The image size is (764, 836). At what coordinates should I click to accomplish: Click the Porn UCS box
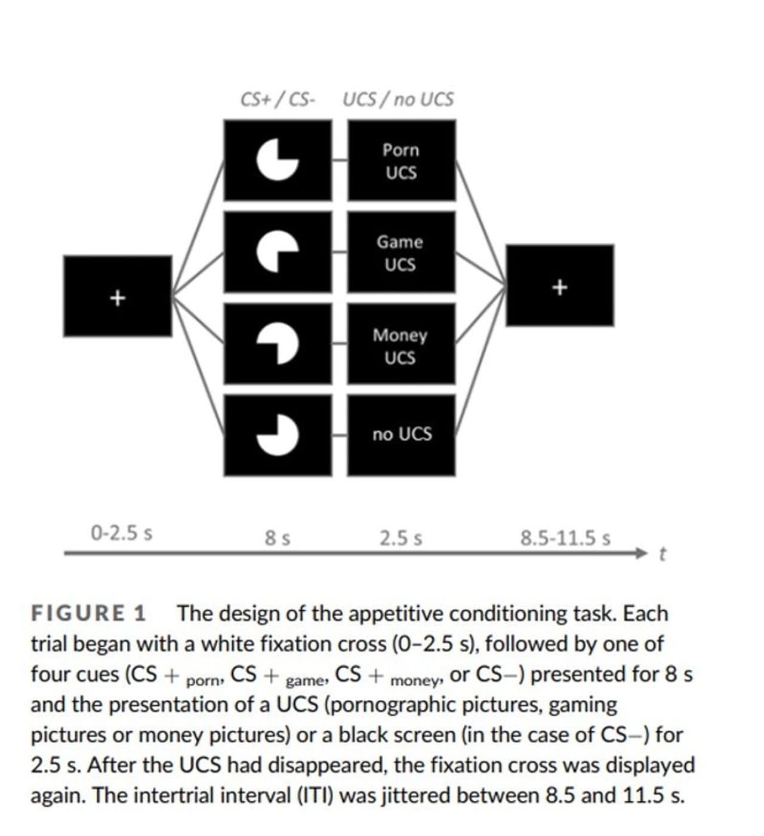[401, 160]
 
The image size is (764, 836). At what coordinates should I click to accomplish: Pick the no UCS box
[401, 435]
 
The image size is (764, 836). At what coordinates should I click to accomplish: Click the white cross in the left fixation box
[118, 297]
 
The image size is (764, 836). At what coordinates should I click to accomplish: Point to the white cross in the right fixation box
[559, 287]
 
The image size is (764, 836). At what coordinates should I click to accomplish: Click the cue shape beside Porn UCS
[278, 159]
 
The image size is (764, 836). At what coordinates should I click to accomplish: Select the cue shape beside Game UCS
[278, 251]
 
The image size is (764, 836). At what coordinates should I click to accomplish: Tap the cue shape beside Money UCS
[278, 344]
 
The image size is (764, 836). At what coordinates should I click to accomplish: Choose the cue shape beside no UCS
[278, 434]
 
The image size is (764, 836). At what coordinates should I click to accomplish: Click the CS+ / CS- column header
[278, 99]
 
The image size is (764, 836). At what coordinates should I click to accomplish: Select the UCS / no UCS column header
[398, 99]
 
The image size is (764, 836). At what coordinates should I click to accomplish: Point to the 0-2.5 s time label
[121, 532]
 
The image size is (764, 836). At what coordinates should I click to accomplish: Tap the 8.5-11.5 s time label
[565, 538]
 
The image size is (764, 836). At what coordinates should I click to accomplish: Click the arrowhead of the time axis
[642, 553]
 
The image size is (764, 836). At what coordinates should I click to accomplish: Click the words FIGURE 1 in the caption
[88, 613]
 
